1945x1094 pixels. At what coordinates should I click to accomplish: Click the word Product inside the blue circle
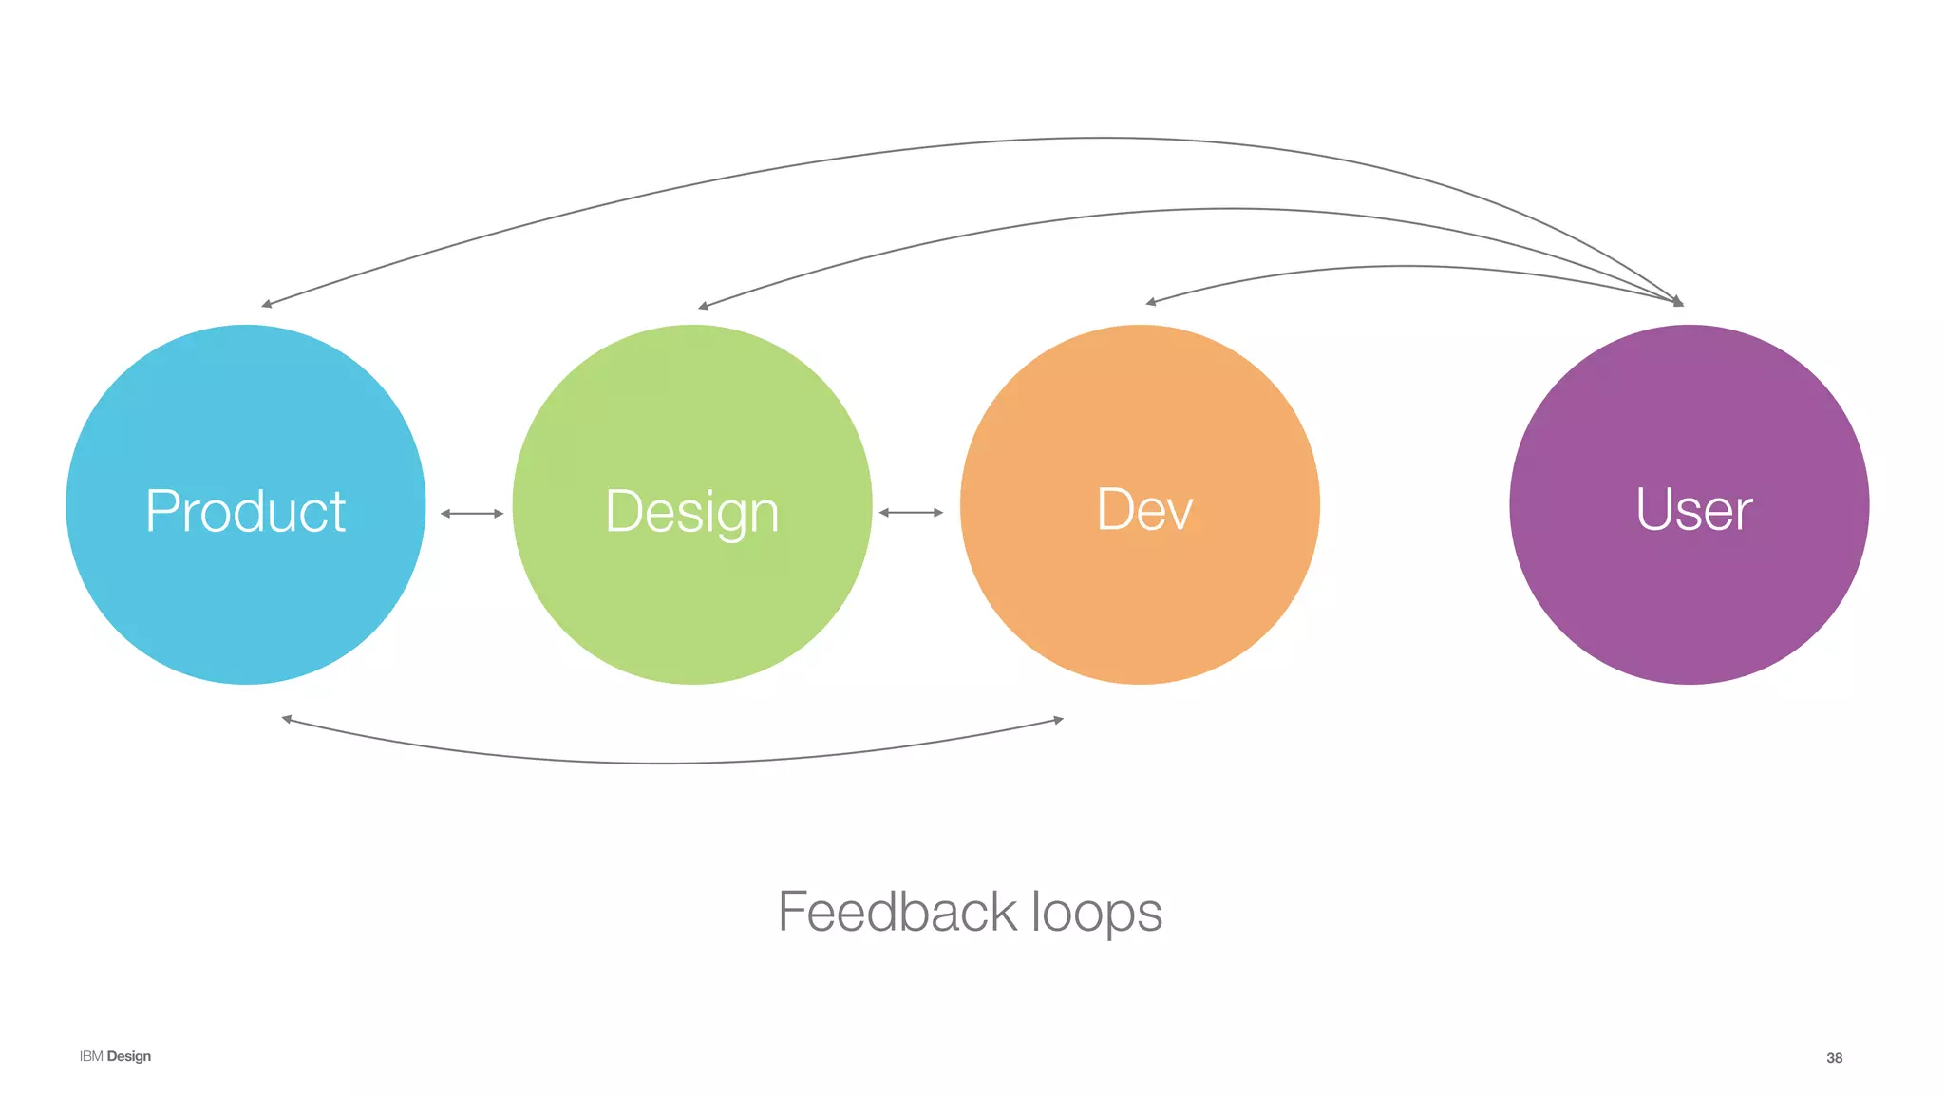coord(245,511)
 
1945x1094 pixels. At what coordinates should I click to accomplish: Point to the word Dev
coord(1143,510)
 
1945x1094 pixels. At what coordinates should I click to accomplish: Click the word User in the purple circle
coord(1693,510)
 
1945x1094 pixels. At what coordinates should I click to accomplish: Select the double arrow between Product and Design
coord(471,514)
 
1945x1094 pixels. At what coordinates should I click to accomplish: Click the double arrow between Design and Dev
coord(911,513)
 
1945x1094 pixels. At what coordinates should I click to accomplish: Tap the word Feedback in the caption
coord(897,912)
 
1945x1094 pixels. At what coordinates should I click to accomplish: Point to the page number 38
coord(1834,1058)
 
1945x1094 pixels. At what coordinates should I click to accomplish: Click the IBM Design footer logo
coord(115,1056)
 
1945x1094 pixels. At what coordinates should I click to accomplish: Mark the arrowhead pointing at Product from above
coord(266,305)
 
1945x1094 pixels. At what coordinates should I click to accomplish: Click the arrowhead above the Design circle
coord(703,307)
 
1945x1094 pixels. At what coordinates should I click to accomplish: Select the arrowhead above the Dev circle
coord(1150,302)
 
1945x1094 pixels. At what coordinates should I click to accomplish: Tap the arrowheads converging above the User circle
coord(1678,302)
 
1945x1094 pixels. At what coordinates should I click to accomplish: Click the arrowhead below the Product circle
coord(286,719)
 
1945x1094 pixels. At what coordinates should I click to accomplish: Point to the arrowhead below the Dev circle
coord(1059,720)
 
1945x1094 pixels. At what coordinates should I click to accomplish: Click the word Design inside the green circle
coord(691,513)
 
